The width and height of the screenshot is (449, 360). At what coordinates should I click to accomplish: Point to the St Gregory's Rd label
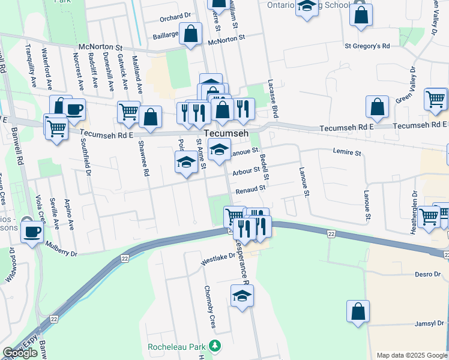click(367, 46)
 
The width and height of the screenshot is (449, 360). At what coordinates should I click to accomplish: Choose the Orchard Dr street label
click(175, 17)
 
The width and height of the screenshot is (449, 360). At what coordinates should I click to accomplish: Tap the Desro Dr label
click(427, 274)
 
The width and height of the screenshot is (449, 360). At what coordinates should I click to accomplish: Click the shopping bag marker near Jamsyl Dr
click(358, 311)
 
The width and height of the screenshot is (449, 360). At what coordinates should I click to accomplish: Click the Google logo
click(20, 353)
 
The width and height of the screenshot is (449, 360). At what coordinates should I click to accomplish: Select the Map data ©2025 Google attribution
click(411, 355)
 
